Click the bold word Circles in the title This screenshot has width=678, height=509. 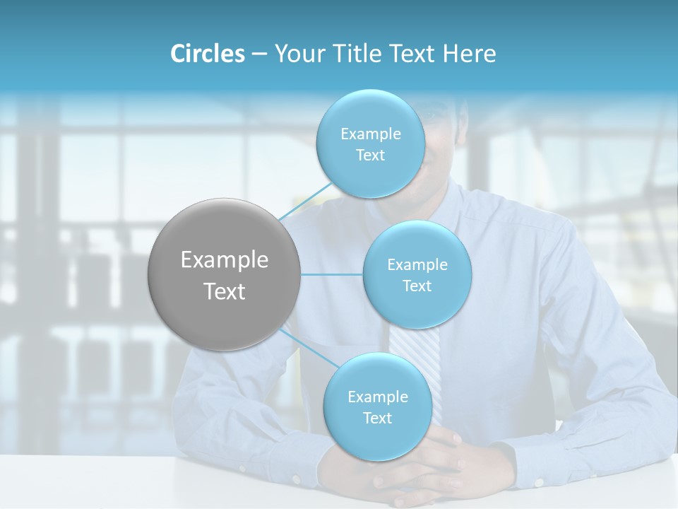click(207, 54)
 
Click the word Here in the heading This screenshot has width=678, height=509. click(470, 54)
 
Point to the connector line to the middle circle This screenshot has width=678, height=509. click(332, 274)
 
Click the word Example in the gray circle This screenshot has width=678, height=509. click(225, 260)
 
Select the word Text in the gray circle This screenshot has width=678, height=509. click(225, 291)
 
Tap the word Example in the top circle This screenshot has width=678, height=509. click(371, 134)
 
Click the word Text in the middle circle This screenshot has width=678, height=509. click(417, 286)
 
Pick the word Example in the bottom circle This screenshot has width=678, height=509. click(377, 397)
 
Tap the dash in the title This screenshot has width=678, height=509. click(258, 54)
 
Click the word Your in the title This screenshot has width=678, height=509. click(297, 54)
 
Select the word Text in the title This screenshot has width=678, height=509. click(410, 54)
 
